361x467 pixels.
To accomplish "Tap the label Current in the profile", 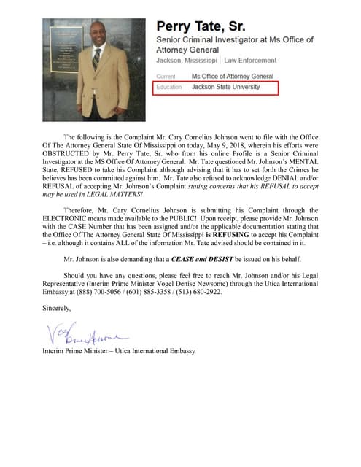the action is pos(166,76).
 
